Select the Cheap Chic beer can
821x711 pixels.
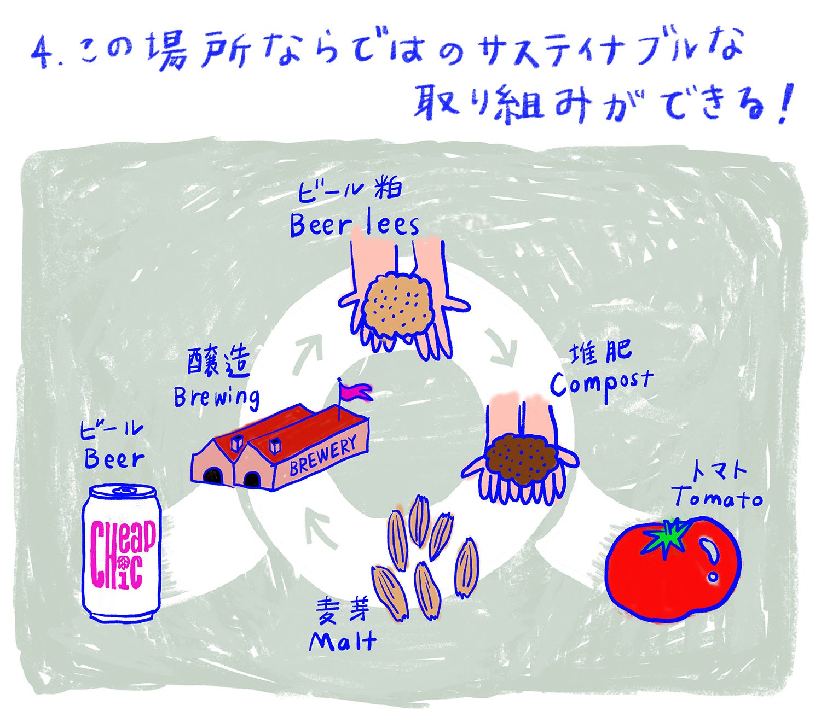(x=122, y=553)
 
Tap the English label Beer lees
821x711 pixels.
(x=354, y=225)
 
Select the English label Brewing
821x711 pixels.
(x=217, y=398)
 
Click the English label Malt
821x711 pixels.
(x=343, y=642)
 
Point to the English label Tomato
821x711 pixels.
(x=718, y=498)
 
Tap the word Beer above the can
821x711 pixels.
(x=114, y=459)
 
